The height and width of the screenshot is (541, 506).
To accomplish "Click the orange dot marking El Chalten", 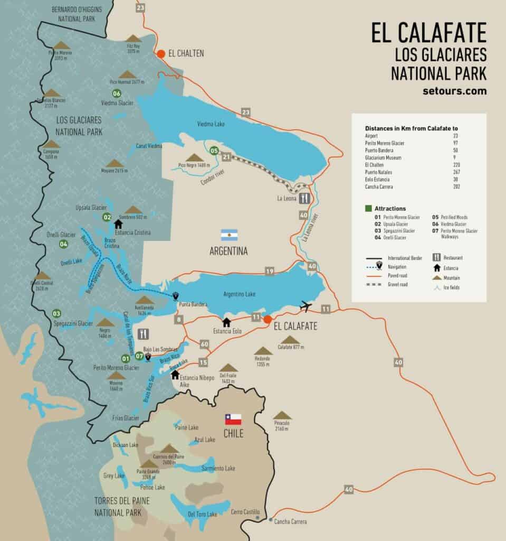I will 161,53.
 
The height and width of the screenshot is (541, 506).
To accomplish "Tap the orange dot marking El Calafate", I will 268,319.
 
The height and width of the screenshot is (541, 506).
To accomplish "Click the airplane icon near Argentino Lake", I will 305,306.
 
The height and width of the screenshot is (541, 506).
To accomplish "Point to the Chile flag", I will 233,419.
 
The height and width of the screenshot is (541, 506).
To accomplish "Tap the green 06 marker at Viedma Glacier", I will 117,94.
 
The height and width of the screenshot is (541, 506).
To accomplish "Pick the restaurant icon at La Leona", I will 304,199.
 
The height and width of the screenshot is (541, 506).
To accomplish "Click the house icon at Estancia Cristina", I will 119,223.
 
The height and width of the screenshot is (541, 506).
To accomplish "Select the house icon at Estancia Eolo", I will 226,322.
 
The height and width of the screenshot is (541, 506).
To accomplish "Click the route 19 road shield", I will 270,272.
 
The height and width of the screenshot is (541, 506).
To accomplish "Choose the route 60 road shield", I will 204,344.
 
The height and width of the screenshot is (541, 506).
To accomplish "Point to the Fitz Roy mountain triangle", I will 133,39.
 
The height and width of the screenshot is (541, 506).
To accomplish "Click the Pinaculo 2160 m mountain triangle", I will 282,415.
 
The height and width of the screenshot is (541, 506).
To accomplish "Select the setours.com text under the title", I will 454,91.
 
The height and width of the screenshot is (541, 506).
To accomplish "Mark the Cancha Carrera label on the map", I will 290,521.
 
